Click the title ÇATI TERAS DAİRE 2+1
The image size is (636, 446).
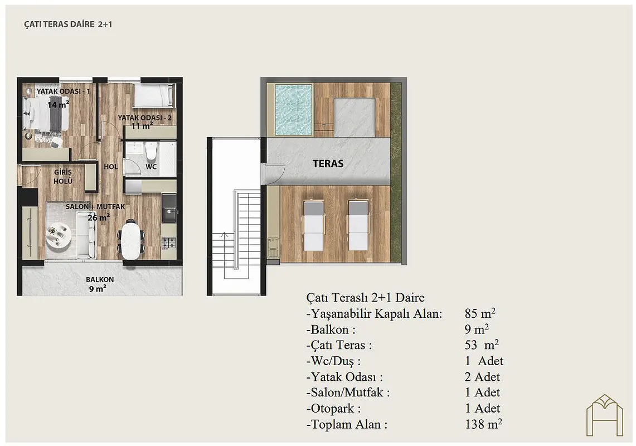click(68, 25)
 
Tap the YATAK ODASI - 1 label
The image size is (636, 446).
click(64, 91)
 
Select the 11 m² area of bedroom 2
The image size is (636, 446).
click(142, 126)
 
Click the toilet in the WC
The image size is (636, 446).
click(151, 151)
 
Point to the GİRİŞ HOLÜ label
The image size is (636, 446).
click(63, 177)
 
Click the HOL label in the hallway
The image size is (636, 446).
click(111, 167)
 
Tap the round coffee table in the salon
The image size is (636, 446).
click(59, 235)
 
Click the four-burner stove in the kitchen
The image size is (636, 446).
click(169, 243)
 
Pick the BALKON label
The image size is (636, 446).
click(100, 280)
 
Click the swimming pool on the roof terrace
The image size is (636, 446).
click(294, 110)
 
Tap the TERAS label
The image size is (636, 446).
click(328, 163)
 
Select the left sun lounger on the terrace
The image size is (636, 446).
click(313, 225)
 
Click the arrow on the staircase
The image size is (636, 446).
click(224, 235)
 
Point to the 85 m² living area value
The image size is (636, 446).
click(480, 313)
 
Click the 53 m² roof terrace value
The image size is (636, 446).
click(482, 345)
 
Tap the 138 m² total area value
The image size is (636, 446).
click(484, 424)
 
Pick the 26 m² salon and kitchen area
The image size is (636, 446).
click(99, 217)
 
